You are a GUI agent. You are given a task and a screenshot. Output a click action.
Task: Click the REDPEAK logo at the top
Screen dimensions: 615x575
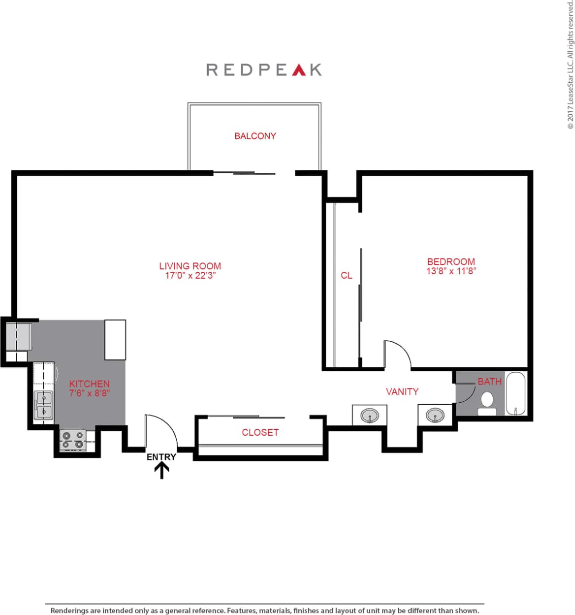(x=264, y=69)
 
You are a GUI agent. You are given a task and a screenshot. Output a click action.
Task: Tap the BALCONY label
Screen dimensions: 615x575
(x=255, y=136)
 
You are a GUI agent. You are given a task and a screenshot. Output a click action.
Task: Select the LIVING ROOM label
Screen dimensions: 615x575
(x=190, y=266)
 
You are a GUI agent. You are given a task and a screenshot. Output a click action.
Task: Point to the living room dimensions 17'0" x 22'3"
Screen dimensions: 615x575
(x=190, y=275)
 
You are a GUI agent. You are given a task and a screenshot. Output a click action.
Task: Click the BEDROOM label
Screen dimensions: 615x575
(x=451, y=261)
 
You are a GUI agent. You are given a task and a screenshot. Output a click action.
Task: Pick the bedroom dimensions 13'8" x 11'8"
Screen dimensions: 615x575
(x=451, y=271)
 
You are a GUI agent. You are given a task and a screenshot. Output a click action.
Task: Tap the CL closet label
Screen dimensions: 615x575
(x=347, y=275)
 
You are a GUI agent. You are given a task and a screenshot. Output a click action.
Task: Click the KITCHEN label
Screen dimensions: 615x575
(x=89, y=384)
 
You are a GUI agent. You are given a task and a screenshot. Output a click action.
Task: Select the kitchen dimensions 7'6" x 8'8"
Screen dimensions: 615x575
(x=89, y=393)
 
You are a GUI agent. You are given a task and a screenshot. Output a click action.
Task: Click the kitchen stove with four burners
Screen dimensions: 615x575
(x=72, y=440)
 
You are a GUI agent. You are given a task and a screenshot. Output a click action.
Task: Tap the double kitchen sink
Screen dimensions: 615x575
(x=43, y=405)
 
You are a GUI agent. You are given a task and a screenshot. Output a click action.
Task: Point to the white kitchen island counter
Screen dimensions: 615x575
(x=115, y=340)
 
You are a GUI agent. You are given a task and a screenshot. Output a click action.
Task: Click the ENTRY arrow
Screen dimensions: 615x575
(x=161, y=471)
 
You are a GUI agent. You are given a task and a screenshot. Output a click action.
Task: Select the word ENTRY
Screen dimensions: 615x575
(x=161, y=457)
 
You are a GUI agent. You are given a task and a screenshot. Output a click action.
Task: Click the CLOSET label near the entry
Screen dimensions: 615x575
(x=260, y=432)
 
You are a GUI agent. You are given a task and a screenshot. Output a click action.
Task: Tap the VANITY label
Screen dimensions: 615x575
(x=402, y=391)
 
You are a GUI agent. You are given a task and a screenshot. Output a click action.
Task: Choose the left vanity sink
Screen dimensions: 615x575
(x=370, y=416)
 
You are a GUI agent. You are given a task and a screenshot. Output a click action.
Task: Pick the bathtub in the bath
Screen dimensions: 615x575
(x=516, y=394)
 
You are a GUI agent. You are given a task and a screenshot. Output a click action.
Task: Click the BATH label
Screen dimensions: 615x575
(x=489, y=382)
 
